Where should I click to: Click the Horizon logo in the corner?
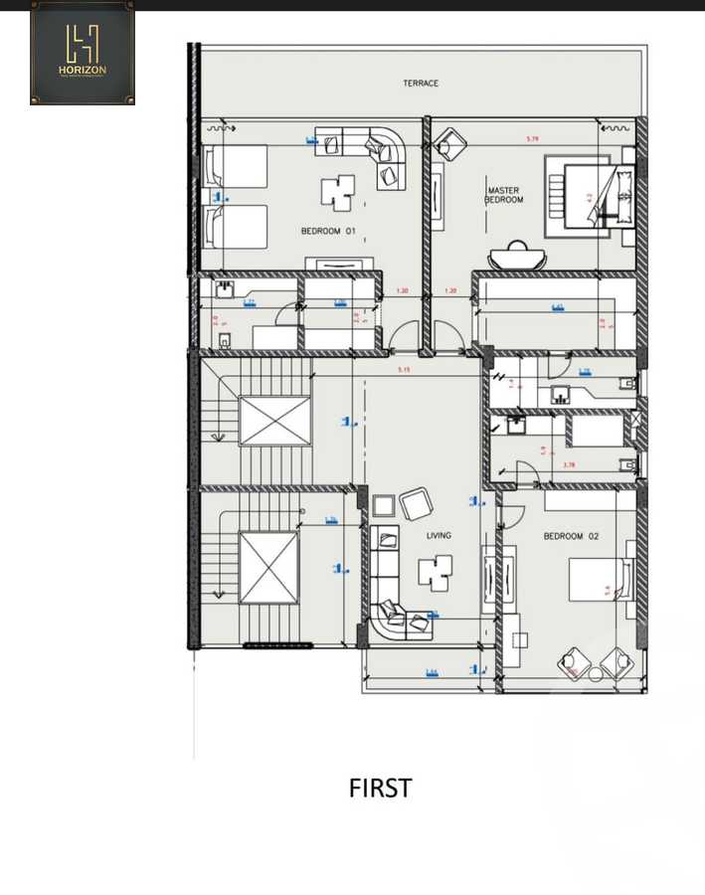coord(83,53)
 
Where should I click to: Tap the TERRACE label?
coord(421,84)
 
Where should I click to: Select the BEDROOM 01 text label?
coord(328,232)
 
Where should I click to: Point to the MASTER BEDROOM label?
coord(504,195)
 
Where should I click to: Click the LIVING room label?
coord(439,536)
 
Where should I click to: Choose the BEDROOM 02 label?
coord(563,536)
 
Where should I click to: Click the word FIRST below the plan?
coord(380,789)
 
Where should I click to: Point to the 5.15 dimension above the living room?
coord(404,371)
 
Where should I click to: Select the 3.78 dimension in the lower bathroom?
coord(569,464)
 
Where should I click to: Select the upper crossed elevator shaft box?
coord(274,421)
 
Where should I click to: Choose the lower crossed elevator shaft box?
coord(268,567)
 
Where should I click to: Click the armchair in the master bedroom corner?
coord(450,145)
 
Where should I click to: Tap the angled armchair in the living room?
coord(415,503)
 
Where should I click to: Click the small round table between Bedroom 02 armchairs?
coord(596,673)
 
